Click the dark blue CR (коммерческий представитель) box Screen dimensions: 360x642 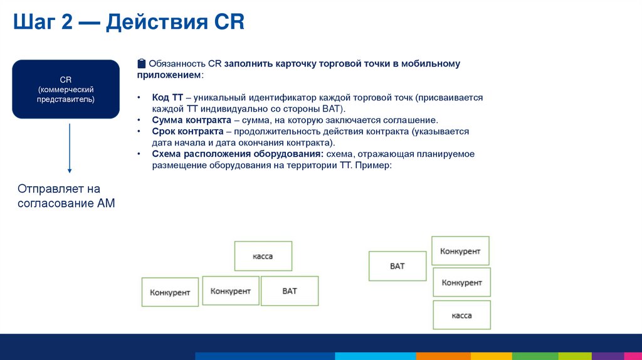point(66,89)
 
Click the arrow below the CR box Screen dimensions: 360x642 point(70,148)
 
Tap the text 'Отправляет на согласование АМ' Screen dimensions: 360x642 point(66,196)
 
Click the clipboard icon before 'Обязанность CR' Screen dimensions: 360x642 point(142,63)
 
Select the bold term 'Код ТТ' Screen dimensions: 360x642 point(167,98)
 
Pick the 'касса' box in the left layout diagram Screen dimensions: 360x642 point(263,256)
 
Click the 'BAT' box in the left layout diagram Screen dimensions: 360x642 point(290,291)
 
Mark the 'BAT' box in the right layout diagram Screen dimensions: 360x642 point(397,266)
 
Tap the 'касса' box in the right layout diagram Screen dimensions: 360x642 point(461,315)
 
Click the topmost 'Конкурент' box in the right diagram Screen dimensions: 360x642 point(460,251)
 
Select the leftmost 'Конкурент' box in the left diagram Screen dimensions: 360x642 point(170,292)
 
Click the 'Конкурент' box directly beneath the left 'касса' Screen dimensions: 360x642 point(231,291)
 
